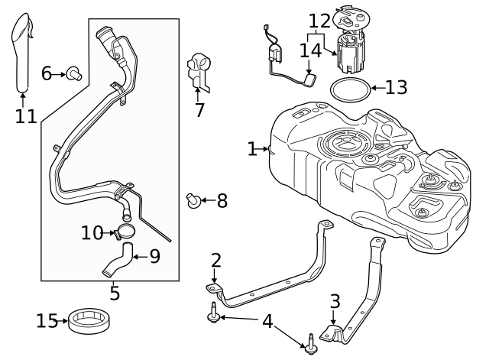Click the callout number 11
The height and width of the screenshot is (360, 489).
click(25, 116)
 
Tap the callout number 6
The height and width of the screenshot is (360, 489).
click(46, 73)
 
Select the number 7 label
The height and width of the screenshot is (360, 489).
click(199, 110)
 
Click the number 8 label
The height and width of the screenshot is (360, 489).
click(222, 201)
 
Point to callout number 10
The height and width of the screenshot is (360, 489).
click(92, 233)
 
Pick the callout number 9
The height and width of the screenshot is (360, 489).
click(154, 256)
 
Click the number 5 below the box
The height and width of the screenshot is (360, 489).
click(115, 292)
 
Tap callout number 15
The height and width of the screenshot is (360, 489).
click(47, 320)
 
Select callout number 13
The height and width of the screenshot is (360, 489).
click(396, 88)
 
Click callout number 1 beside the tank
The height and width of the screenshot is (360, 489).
click(252, 148)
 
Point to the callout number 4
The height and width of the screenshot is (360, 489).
click(267, 321)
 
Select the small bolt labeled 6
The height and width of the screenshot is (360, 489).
click(75, 73)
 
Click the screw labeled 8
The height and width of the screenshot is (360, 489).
click(194, 201)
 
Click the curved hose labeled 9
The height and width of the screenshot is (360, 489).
click(118, 260)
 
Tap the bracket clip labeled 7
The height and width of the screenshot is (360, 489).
click(199, 71)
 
